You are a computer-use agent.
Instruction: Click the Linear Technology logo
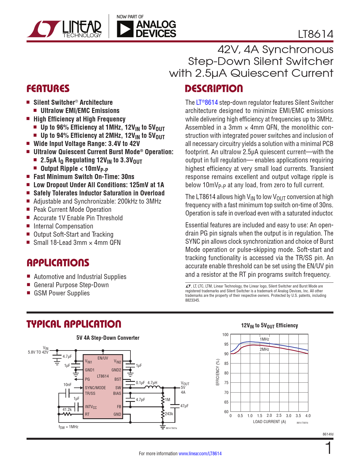tap(64, 29)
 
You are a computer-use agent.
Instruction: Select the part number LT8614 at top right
tap(316, 34)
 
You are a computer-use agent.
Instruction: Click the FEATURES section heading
tap(48, 89)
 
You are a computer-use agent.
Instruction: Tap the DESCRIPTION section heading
tap(214, 89)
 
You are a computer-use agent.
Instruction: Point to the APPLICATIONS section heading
tap(58, 263)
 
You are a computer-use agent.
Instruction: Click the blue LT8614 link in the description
tap(207, 103)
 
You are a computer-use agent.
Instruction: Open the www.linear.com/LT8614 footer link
tap(200, 454)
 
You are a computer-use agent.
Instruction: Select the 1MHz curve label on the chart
tap(264, 339)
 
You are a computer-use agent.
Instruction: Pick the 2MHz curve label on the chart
tap(264, 349)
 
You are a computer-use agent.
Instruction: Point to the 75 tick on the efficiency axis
tap(226, 383)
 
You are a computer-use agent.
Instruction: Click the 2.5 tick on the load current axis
tap(279, 416)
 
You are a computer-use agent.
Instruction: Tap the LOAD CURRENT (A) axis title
tap(270, 422)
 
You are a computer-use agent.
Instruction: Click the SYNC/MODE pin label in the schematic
tap(95, 388)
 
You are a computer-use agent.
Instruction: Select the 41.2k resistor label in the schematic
tap(67, 410)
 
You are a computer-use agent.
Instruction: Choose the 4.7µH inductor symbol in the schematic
tap(152, 387)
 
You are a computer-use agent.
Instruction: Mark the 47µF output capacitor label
tap(184, 406)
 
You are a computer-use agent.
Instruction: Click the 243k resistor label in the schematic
tap(169, 414)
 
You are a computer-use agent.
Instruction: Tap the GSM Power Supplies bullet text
tap(62, 293)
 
